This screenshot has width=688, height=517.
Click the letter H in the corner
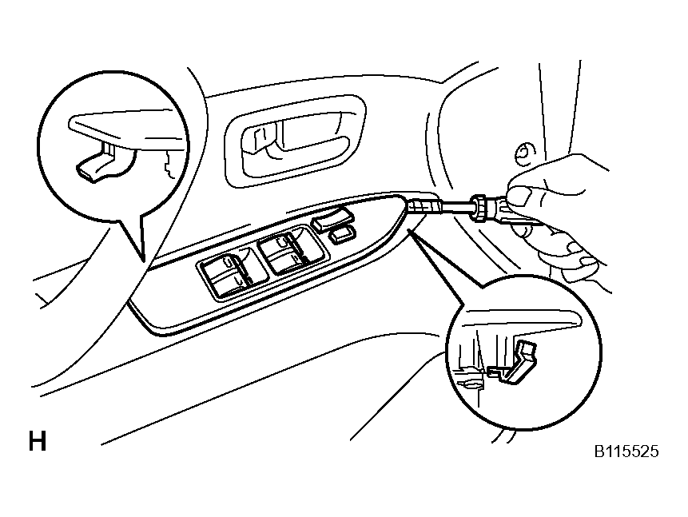(38, 441)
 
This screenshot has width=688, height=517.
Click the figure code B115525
(626, 451)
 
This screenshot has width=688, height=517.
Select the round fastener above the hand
(524, 153)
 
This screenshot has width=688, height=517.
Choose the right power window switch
(291, 250)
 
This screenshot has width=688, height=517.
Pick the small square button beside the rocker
(342, 235)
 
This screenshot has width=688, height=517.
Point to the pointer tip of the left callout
(145, 261)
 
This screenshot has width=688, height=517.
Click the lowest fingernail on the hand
(588, 262)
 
